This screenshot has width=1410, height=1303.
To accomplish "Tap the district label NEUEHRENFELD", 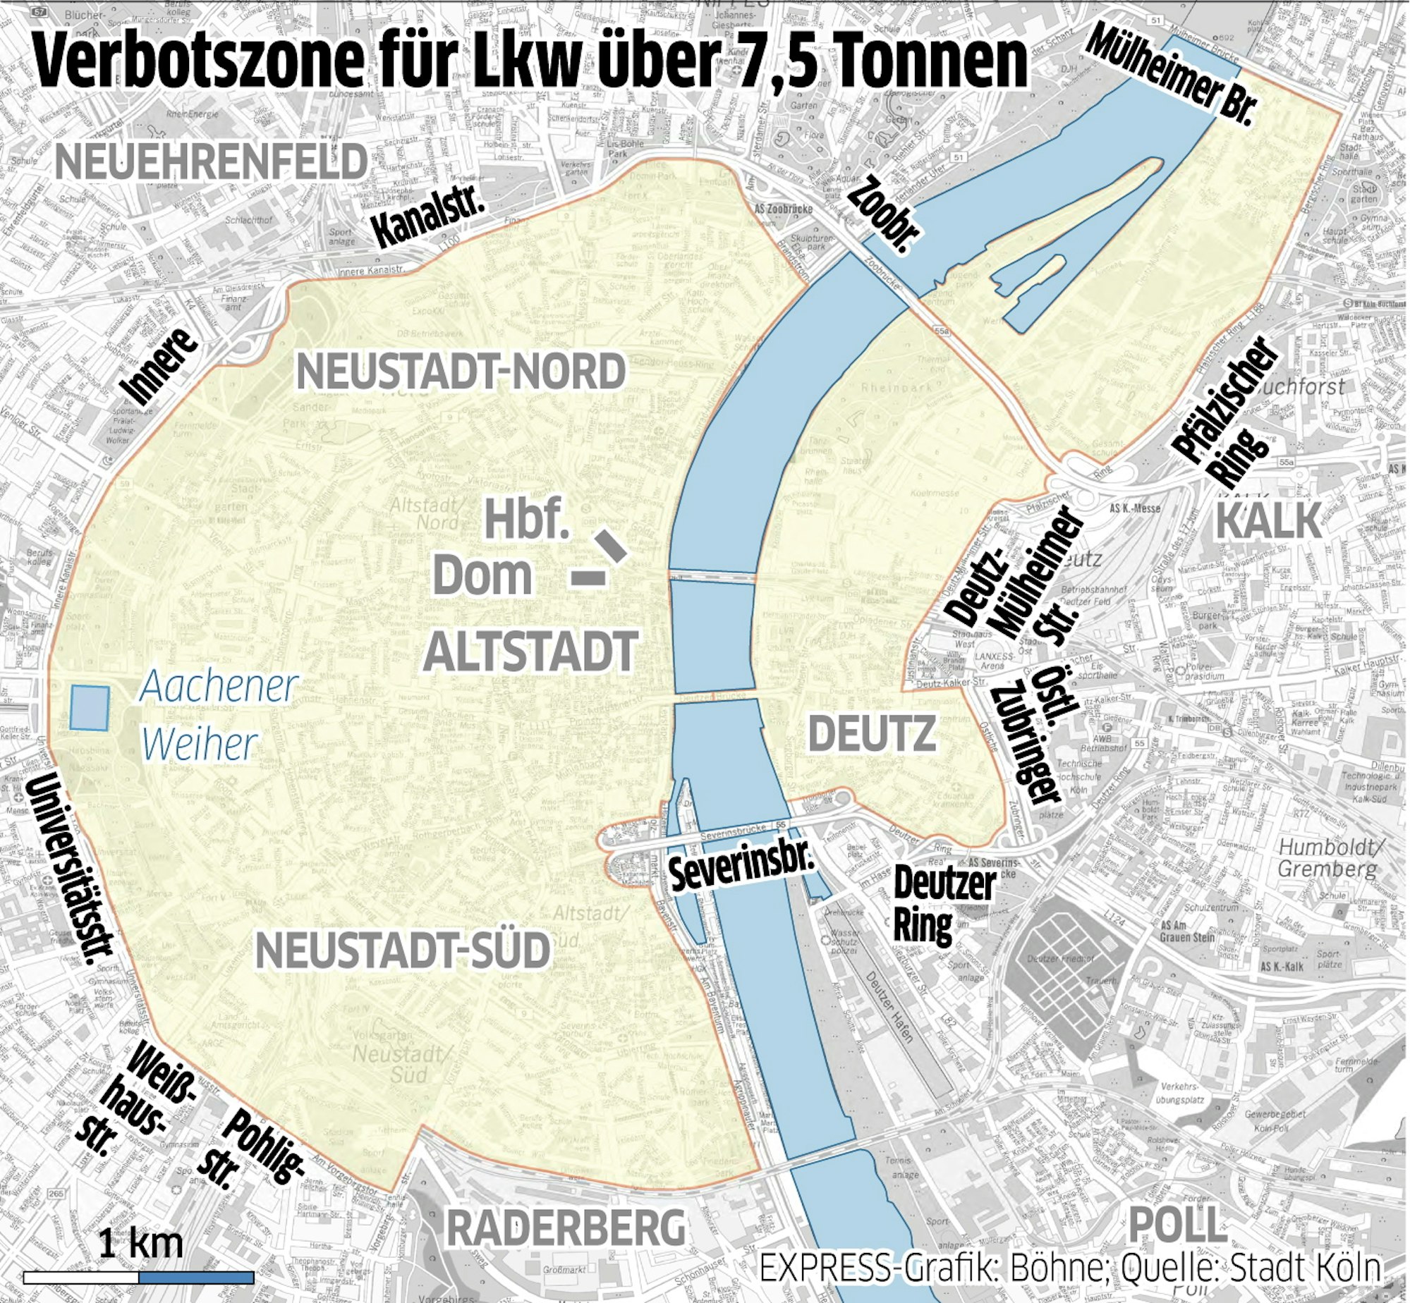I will tap(211, 162).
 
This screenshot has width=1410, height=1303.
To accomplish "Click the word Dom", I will tap(482, 575).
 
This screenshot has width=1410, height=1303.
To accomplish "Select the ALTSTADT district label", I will tap(530, 651).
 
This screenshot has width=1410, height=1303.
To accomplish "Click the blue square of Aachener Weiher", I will tap(90, 708).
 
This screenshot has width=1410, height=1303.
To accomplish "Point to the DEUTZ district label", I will tap(872, 733).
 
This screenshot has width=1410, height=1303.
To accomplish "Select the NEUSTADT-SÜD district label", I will tap(402, 950).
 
